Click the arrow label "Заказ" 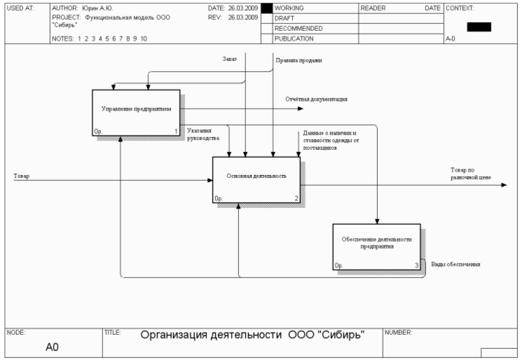229,60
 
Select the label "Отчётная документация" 316,99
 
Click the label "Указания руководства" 199,134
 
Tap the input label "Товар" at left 21,175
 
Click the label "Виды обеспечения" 455,264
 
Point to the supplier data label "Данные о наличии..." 330,140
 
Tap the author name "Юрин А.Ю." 97,8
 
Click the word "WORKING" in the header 289,8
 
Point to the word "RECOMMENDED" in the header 299,29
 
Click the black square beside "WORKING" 266,8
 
